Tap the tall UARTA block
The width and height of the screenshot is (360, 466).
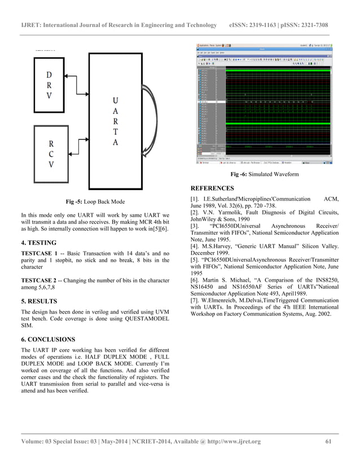coord(115,121)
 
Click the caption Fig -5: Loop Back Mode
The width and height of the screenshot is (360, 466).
coord(95,201)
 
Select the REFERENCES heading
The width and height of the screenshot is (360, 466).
coord(212,188)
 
